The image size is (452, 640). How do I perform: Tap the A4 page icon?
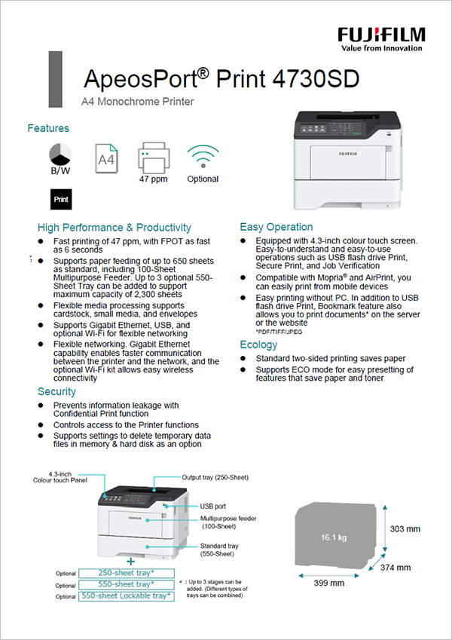pyautogui.click(x=106, y=159)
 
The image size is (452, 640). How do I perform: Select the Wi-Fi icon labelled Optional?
pyautogui.click(x=203, y=156)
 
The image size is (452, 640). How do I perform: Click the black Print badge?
pyautogui.click(x=61, y=200)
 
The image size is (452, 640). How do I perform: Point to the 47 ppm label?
pyautogui.click(x=153, y=179)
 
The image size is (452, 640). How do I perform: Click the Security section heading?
pyautogui.click(x=56, y=391)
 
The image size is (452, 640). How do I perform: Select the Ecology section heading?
pyautogui.click(x=258, y=344)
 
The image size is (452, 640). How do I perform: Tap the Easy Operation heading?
pyautogui.click(x=276, y=227)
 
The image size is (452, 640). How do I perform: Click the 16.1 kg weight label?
pyautogui.click(x=333, y=537)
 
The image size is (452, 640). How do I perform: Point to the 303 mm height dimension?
pyautogui.click(x=404, y=529)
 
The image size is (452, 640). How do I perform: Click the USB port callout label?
pyautogui.click(x=214, y=507)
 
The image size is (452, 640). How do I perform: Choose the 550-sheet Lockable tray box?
pyautogui.click(x=127, y=596)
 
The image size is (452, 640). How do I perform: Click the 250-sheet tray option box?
pyautogui.click(x=127, y=573)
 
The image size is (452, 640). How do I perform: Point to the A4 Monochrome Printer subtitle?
pyautogui.click(x=137, y=102)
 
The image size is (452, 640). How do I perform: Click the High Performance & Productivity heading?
pyautogui.click(x=115, y=227)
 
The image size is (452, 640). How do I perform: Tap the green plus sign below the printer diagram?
pyautogui.click(x=131, y=561)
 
